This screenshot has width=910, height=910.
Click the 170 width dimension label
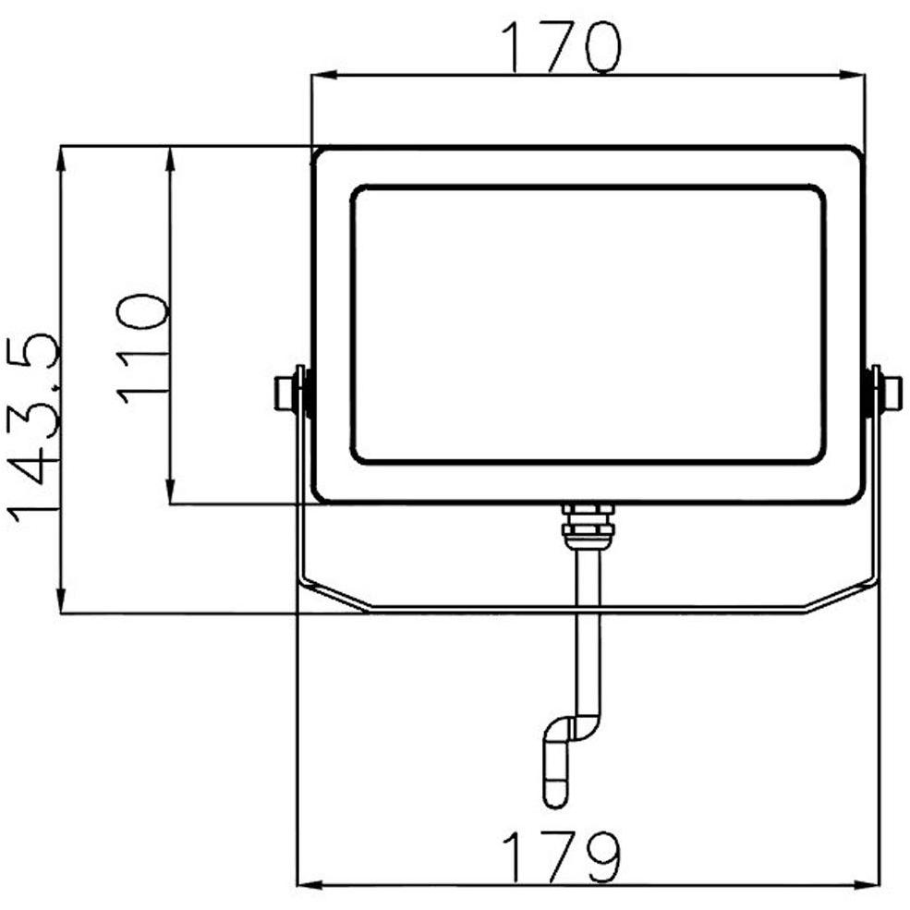point(560,49)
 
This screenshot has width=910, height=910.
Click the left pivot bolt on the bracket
point(289,393)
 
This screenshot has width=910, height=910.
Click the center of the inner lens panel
point(588,325)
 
